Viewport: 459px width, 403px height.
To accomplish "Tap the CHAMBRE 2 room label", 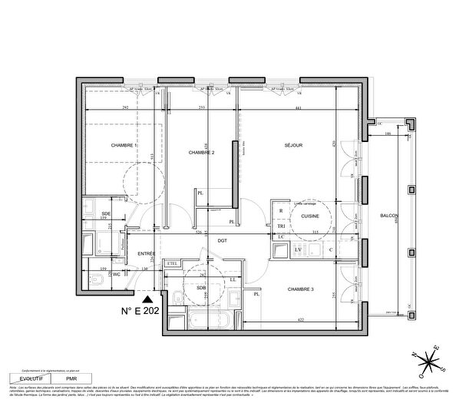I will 201,153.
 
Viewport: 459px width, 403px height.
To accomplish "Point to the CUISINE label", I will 309,217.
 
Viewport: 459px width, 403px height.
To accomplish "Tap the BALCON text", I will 389,216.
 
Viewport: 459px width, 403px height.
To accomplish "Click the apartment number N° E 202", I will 145,312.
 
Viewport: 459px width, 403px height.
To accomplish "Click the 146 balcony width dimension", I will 389,134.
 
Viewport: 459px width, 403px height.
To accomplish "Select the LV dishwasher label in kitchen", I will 297,250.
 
